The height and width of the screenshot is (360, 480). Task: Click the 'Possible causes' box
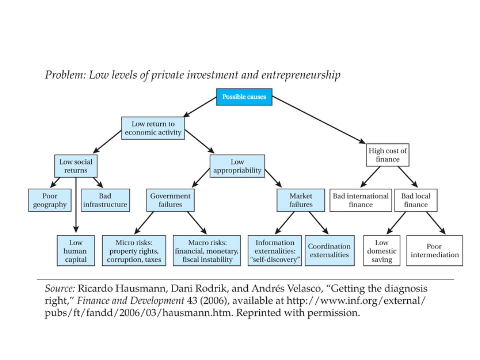click(x=244, y=97)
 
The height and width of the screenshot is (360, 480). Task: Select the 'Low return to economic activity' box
click(x=153, y=128)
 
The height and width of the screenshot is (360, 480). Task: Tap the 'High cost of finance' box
click(x=387, y=155)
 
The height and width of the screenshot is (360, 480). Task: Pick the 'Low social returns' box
click(x=76, y=166)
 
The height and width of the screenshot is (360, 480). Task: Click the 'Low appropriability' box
click(x=237, y=166)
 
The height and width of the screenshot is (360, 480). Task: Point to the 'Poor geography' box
click(x=50, y=200)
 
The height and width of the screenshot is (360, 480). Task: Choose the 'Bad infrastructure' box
click(x=105, y=200)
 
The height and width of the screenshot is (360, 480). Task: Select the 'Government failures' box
click(x=170, y=200)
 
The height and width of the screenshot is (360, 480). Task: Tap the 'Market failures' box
click(x=301, y=200)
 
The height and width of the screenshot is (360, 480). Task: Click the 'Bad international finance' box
click(x=361, y=200)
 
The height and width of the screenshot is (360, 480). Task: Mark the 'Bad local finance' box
click(x=416, y=200)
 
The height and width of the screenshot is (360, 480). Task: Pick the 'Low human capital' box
click(x=76, y=250)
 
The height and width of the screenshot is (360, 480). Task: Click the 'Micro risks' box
click(x=134, y=250)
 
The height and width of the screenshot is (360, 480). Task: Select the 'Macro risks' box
click(x=207, y=250)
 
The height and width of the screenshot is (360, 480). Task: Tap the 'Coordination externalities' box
click(x=330, y=250)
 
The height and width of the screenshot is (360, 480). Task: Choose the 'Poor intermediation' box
click(x=435, y=250)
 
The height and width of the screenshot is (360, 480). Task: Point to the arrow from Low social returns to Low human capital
click(x=76, y=205)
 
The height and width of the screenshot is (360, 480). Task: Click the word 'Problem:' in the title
click(x=65, y=75)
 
